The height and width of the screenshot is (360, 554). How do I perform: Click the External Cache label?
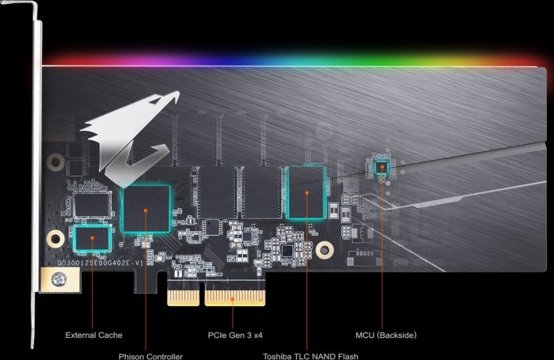pyautogui.click(x=93, y=335)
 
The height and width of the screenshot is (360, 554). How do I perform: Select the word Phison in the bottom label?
pyautogui.click(x=131, y=355)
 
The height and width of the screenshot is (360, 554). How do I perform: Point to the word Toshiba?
pyautogui.click(x=279, y=355)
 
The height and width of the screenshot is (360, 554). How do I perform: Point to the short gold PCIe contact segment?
pyautogui.click(x=184, y=299)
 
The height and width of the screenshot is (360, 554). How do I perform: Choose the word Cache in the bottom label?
pyautogui.click(x=110, y=335)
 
